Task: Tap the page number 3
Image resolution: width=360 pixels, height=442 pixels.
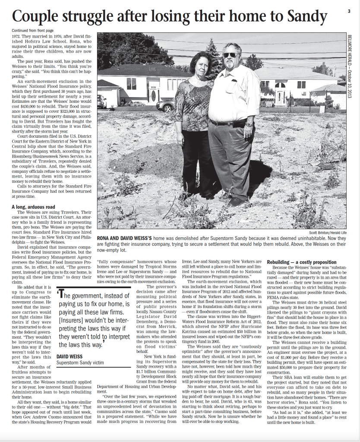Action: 348,11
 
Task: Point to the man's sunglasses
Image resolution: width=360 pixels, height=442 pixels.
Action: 230,55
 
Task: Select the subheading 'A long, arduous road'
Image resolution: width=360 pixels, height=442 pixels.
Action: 34,207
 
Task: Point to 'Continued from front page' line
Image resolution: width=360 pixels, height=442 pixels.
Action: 32,31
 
